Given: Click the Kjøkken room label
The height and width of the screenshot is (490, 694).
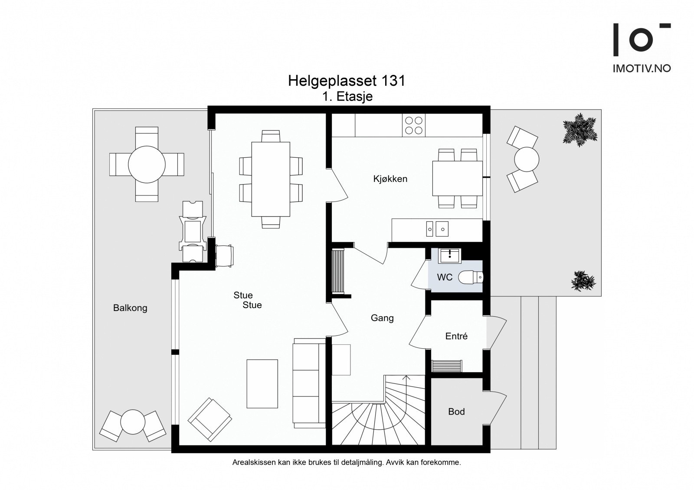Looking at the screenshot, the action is point(390,179).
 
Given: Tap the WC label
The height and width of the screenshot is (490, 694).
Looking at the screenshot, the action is point(445,277).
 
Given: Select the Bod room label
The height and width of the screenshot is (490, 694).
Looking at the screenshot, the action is point(456,412).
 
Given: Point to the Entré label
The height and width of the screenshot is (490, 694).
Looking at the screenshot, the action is point(456,336).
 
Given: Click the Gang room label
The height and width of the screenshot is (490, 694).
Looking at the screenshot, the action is point(382,318).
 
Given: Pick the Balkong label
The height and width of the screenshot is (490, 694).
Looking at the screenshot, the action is point(130,308).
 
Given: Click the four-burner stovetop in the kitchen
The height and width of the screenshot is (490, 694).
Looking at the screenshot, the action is point(414,125).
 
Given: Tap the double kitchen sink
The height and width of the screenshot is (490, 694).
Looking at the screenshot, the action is point(437,229).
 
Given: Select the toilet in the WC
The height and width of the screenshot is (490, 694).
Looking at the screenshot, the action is point(470,277).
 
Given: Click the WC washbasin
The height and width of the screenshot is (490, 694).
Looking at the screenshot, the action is point(449,256).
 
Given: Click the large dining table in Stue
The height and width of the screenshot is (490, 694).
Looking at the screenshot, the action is point(271,179).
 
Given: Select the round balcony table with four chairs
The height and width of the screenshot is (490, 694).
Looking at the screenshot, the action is point(147,164).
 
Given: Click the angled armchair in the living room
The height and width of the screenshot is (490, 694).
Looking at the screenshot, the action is point(210,419).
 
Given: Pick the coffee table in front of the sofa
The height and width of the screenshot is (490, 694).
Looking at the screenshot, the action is point(262,384).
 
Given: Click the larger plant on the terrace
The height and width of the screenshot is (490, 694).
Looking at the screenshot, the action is point(579,130).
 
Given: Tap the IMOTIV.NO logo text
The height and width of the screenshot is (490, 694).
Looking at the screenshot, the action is point(642,68).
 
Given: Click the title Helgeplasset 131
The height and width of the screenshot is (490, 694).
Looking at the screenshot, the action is point(347,81).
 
